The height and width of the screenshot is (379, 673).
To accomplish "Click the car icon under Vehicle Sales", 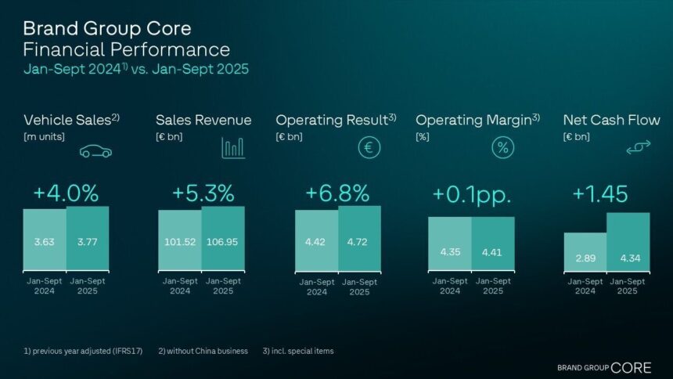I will click(95, 150).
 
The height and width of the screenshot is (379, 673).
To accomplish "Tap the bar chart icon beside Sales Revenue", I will click(233, 147).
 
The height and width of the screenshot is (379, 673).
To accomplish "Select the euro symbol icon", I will click(369, 147).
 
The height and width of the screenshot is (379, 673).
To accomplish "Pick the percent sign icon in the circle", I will click(502, 147).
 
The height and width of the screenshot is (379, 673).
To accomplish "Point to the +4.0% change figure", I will click(66, 193).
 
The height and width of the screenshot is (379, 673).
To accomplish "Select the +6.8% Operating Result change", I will click(337, 193).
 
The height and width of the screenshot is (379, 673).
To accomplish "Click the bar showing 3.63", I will click(45, 238).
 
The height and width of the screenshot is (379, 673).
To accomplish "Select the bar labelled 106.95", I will click(223, 238).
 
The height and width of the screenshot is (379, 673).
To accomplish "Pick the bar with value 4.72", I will click(359, 238).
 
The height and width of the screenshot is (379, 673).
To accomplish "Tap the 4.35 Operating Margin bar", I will click(450, 244).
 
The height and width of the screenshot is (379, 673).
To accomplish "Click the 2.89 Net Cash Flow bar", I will click(585, 251).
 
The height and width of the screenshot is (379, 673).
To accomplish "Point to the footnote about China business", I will click(204, 351).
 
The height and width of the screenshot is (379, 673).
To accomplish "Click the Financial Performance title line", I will click(126, 49).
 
